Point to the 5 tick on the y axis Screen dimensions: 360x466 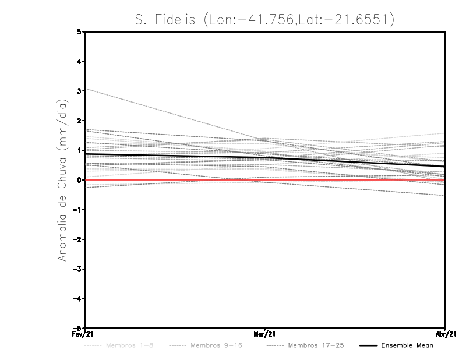(79, 32)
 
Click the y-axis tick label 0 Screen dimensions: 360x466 (79, 180)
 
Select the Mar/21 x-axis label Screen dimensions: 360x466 (265, 334)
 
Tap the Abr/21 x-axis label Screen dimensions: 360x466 (445, 334)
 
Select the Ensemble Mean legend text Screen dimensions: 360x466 (407, 345)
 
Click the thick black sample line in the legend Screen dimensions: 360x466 (368, 345)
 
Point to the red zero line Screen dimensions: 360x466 (349, 180)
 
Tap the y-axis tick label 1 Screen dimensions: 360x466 (79, 150)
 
